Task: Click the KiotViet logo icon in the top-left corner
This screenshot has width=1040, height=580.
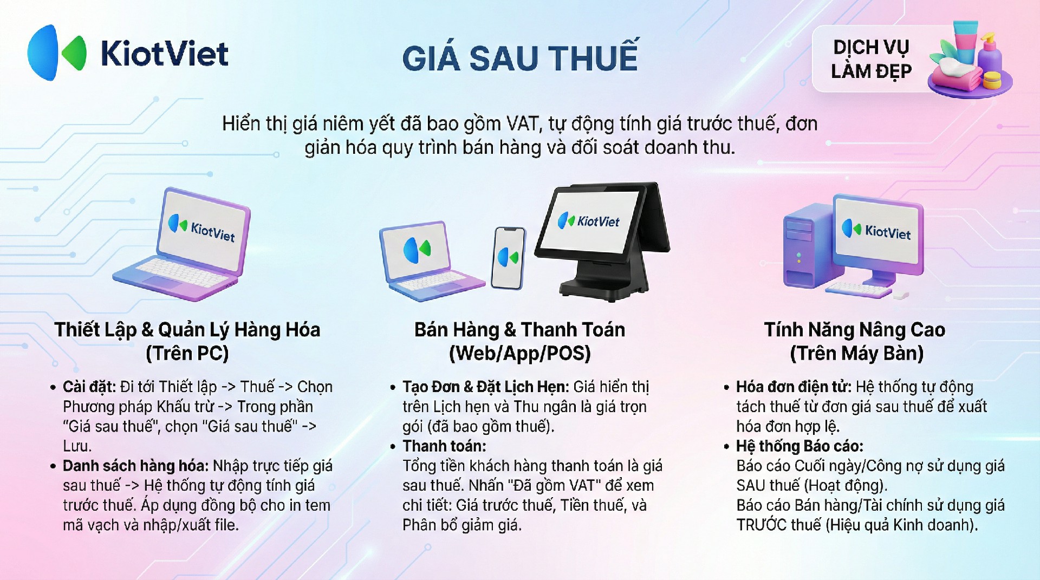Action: (x=57, y=53)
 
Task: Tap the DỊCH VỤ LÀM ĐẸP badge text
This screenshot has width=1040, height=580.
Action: (x=871, y=59)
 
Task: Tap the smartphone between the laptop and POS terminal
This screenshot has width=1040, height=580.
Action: (x=508, y=258)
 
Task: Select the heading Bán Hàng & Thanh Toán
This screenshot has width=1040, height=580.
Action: (x=520, y=329)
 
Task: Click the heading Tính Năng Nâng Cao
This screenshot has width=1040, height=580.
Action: (x=855, y=329)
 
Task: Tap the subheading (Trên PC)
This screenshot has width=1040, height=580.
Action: (x=187, y=353)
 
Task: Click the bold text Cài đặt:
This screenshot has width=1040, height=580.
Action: (x=89, y=387)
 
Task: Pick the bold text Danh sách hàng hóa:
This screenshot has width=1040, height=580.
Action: (x=135, y=466)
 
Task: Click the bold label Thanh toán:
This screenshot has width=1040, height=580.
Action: (x=444, y=446)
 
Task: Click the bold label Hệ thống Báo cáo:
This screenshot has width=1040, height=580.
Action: (x=799, y=446)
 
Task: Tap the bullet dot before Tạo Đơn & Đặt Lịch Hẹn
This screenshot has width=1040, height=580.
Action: (x=393, y=388)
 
